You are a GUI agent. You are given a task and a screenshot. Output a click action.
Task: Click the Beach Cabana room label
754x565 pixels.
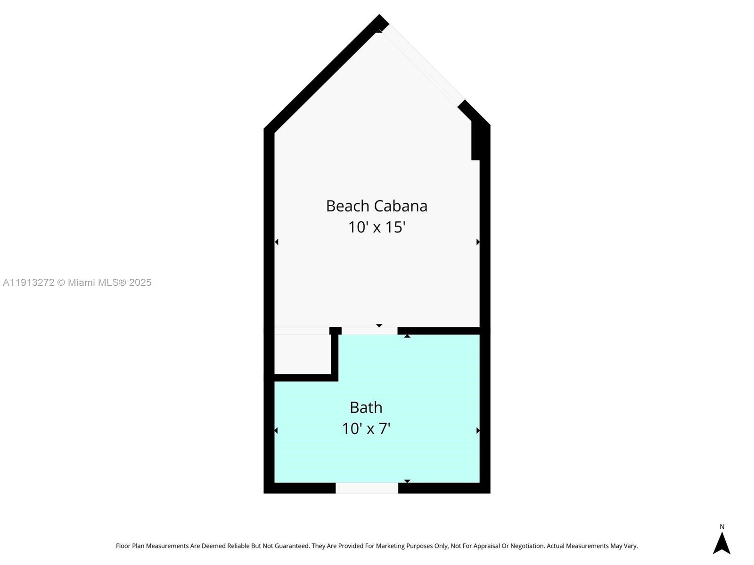[377, 206]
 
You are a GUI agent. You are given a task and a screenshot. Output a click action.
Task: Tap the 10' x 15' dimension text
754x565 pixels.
[377, 227]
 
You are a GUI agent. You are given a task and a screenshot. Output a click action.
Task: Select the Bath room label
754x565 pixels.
[366, 407]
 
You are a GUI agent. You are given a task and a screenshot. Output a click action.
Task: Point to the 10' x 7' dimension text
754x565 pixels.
[366, 428]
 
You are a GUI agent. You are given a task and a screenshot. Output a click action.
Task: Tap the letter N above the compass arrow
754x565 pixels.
[722, 527]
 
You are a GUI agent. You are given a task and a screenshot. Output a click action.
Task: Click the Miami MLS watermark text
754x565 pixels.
[77, 282]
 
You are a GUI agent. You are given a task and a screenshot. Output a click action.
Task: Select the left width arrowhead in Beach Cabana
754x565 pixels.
[277, 242]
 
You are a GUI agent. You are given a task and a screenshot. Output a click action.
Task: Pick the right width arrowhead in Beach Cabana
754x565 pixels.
[478, 242]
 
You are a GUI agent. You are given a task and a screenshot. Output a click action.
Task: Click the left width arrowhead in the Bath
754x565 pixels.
[276, 430]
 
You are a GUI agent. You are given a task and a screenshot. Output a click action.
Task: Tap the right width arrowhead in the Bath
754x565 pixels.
[478, 430]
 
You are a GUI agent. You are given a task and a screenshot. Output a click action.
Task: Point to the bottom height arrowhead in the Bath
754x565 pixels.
[407, 481]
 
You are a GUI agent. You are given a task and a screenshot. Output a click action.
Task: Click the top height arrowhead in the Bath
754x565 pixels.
[407, 336]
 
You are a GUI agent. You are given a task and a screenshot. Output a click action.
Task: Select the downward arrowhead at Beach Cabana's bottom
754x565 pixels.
[379, 325]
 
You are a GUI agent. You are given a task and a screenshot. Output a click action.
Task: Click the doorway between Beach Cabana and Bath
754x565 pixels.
[369, 331]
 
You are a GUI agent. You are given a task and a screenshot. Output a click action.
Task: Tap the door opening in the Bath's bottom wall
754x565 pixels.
[367, 488]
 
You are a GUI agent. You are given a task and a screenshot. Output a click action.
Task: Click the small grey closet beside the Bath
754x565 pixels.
[302, 354]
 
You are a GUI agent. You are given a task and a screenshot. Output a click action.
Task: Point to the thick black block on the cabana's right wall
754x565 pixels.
[476, 141]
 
